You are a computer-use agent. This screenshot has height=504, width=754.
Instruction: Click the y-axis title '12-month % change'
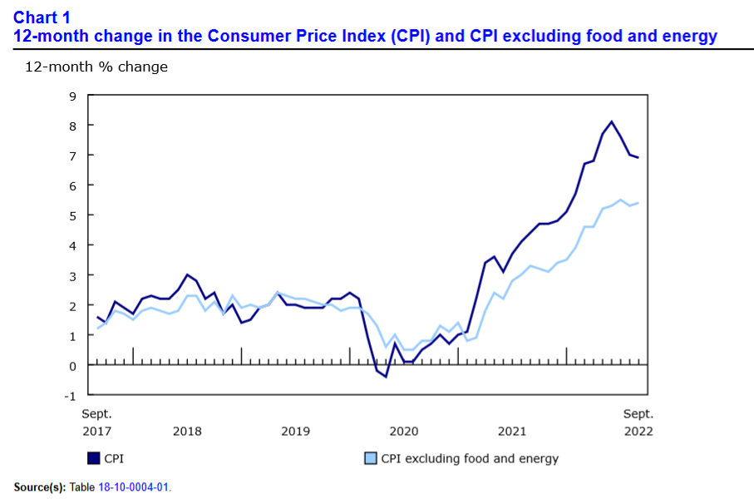[96, 67]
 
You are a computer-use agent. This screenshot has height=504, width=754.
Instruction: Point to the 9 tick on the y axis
[72, 96]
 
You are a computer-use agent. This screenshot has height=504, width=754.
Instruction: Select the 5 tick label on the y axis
[72, 215]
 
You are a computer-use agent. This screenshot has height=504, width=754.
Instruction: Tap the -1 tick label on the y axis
[69, 395]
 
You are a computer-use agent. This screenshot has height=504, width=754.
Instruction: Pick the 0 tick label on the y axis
[72, 365]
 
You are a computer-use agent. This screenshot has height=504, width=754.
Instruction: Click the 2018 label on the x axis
[187, 431]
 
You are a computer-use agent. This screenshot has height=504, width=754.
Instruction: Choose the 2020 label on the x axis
[404, 431]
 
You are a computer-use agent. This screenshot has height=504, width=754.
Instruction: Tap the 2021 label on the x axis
[512, 431]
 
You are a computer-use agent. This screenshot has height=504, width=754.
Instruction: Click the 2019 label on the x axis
[295, 431]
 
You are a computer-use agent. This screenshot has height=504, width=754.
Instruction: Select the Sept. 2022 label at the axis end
[638, 422]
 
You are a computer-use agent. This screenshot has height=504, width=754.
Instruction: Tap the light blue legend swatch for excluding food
[371, 458]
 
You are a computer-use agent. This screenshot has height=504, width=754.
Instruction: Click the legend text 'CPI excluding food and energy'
[470, 458]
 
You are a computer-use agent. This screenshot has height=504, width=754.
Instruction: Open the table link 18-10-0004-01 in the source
[135, 487]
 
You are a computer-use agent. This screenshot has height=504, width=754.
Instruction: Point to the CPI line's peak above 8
[612, 122]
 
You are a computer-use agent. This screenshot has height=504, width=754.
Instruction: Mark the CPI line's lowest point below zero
[386, 377]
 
